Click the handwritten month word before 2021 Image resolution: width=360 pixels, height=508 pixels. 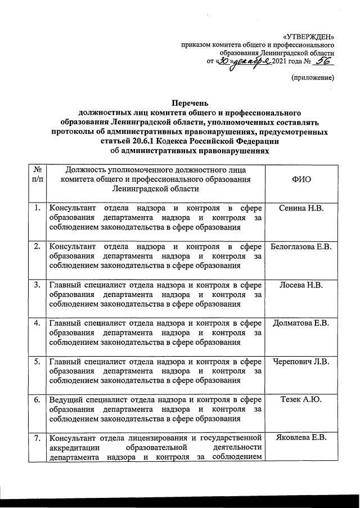click(252, 62)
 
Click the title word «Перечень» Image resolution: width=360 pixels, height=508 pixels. click(190, 103)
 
